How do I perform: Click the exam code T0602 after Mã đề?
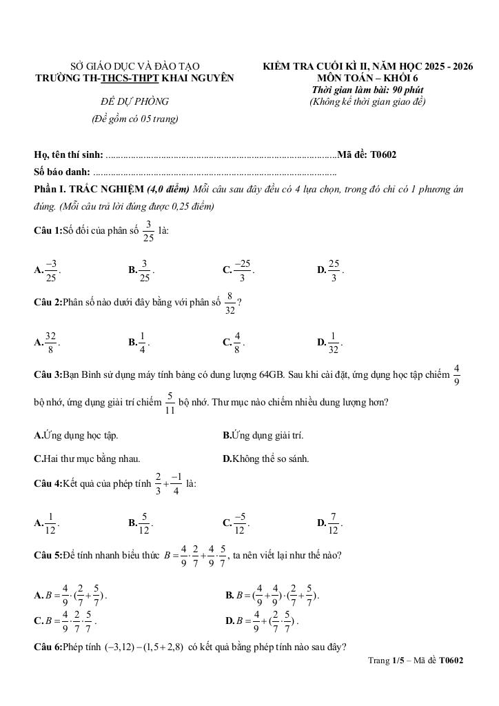point(383,154)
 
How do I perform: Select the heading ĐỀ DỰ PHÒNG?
point(134,102)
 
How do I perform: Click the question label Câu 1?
point(48,232)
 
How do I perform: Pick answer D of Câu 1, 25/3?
point(334,270)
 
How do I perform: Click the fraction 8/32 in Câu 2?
point(230,303)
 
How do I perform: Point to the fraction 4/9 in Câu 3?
point(457,375)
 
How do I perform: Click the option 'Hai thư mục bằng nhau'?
point(91,458)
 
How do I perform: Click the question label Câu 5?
point(48,556)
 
